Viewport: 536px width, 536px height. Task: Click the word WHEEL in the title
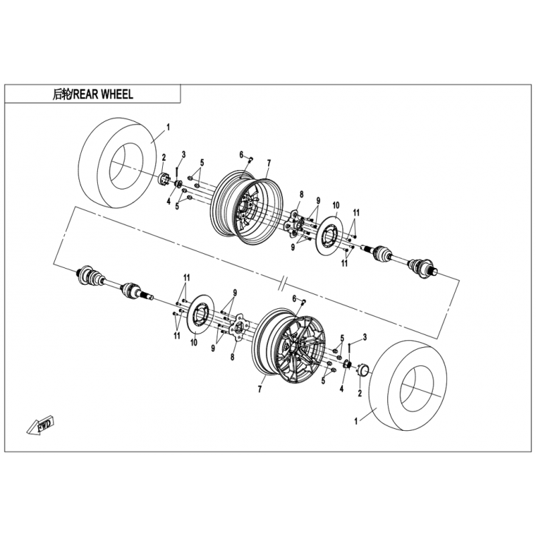(x=117, y=94)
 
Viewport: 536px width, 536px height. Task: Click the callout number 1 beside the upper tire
(x=168, y=126)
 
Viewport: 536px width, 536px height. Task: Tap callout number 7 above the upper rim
(x=268, y=162)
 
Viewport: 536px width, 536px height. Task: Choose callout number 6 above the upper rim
(x=241, y=155)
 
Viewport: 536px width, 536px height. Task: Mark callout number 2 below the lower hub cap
(x=360, y=393)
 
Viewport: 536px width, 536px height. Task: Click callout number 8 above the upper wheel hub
(x=301, y=194)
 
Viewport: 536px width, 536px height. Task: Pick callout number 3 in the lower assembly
(x=364, y=336)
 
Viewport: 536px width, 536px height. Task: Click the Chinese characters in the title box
(x=60, y=94)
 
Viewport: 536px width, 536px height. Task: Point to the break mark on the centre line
(x=285, y=277)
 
